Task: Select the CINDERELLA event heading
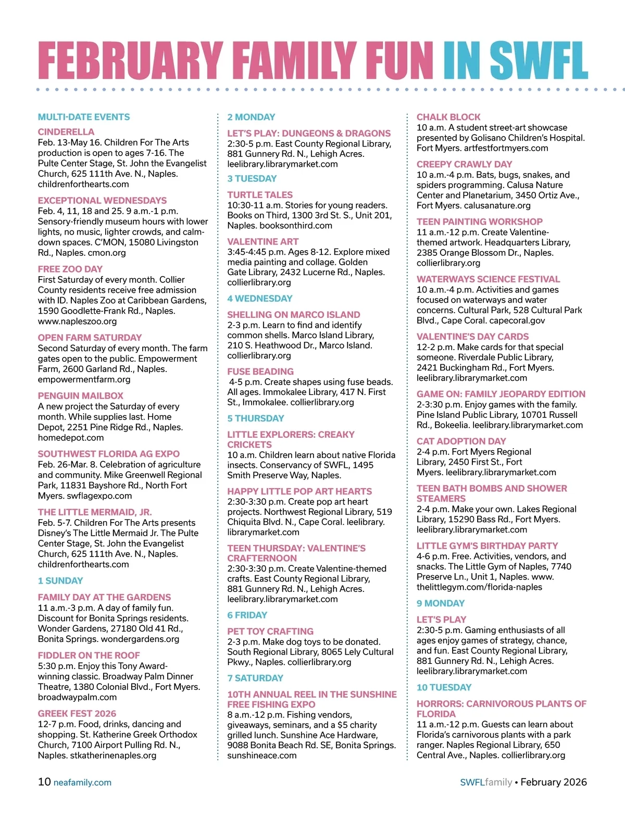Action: click(x=66, y=132)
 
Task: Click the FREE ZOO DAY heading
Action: click(x=70, y=269)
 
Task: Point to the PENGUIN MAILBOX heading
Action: click(x=81, y=396)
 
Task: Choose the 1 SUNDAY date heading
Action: click(x=60, y=581)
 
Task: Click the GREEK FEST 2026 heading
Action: click(x=77, y=713)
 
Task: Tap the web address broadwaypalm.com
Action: click(x=77, y=697)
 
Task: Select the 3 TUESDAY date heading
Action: click(x=252, y=178)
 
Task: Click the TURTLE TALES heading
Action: click(x=260, y=194)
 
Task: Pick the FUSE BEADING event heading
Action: click(x=260, y=372)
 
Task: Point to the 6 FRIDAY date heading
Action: click(x=247, y=615)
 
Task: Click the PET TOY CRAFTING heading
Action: click(x=270, y=631)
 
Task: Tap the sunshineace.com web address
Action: click(x=262, y=756)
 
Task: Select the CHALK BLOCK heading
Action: click(x=448, y=117)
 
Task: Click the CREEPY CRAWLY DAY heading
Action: click(x=465, y=164)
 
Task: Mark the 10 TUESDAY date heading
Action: click(x=444, y=687)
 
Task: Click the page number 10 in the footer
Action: click(x=44, y=782)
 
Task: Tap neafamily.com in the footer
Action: click(x=82, y=783)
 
